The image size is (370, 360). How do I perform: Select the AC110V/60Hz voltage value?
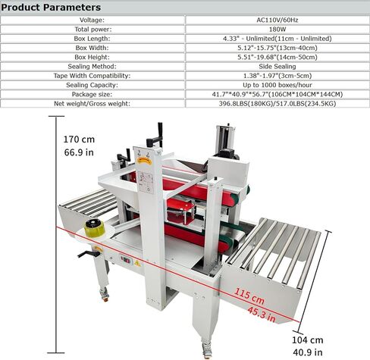[277, 20]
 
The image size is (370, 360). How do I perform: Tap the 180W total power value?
[277, 30]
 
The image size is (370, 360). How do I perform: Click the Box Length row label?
[93, 39]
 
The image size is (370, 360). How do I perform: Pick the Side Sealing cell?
[277, 66]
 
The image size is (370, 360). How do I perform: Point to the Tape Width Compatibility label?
[93, 75]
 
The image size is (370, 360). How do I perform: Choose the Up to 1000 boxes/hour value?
[277, 84]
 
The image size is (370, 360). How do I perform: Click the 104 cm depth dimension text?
[306, 340]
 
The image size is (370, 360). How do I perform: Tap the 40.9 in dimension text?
[306, 352]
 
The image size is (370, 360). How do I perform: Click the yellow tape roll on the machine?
[96, 230]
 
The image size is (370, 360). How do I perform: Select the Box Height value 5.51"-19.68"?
[277, 57]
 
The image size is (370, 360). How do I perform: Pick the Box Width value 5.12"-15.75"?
[277, 48]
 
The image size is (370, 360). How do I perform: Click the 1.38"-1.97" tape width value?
[277, 75]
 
